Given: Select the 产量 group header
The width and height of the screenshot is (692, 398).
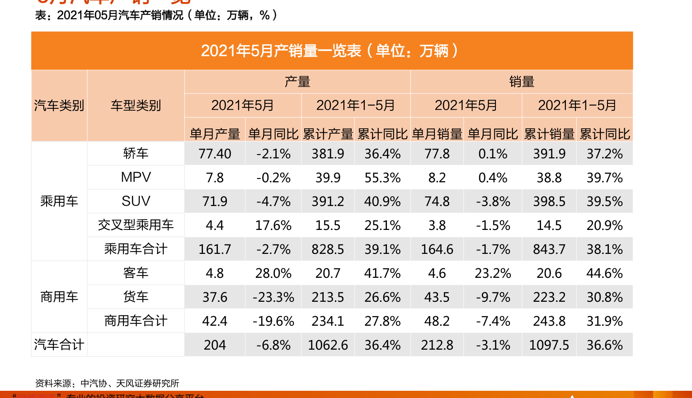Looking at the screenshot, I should point(297,82).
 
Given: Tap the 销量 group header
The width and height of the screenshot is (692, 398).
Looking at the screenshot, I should point(521,82).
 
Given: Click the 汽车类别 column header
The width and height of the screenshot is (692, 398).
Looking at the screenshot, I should point(59,106).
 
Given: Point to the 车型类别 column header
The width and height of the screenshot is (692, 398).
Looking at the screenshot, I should point(136,106).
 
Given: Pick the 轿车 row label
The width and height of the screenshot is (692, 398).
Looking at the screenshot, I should point(136,154).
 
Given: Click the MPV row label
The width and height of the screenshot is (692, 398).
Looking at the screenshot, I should point(136,177).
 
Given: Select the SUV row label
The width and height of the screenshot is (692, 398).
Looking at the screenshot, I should point(136,201).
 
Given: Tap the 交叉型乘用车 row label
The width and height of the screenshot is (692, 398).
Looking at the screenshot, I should point(136,225).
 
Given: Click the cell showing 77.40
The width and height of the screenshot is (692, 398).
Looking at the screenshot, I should point(215,154).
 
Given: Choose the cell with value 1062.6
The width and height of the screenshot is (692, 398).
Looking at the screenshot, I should point(328,345).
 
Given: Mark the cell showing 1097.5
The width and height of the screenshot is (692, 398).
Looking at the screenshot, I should point(549,345).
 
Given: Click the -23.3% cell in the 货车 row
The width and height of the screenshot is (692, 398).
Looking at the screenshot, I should point(273,297).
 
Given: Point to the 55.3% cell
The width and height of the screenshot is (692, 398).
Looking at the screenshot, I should point(382,178).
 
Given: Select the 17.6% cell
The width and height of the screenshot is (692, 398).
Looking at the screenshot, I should point(273,225).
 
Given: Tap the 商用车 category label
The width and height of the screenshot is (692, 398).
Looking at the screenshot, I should point(59,297).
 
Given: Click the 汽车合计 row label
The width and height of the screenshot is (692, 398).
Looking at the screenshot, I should point(59,345).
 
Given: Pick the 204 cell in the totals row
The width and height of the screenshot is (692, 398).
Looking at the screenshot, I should point(215,345).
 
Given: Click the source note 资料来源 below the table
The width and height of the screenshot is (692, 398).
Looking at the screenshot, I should point(107,384).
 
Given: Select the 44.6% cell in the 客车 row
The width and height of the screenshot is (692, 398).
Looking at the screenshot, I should point(604,273).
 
